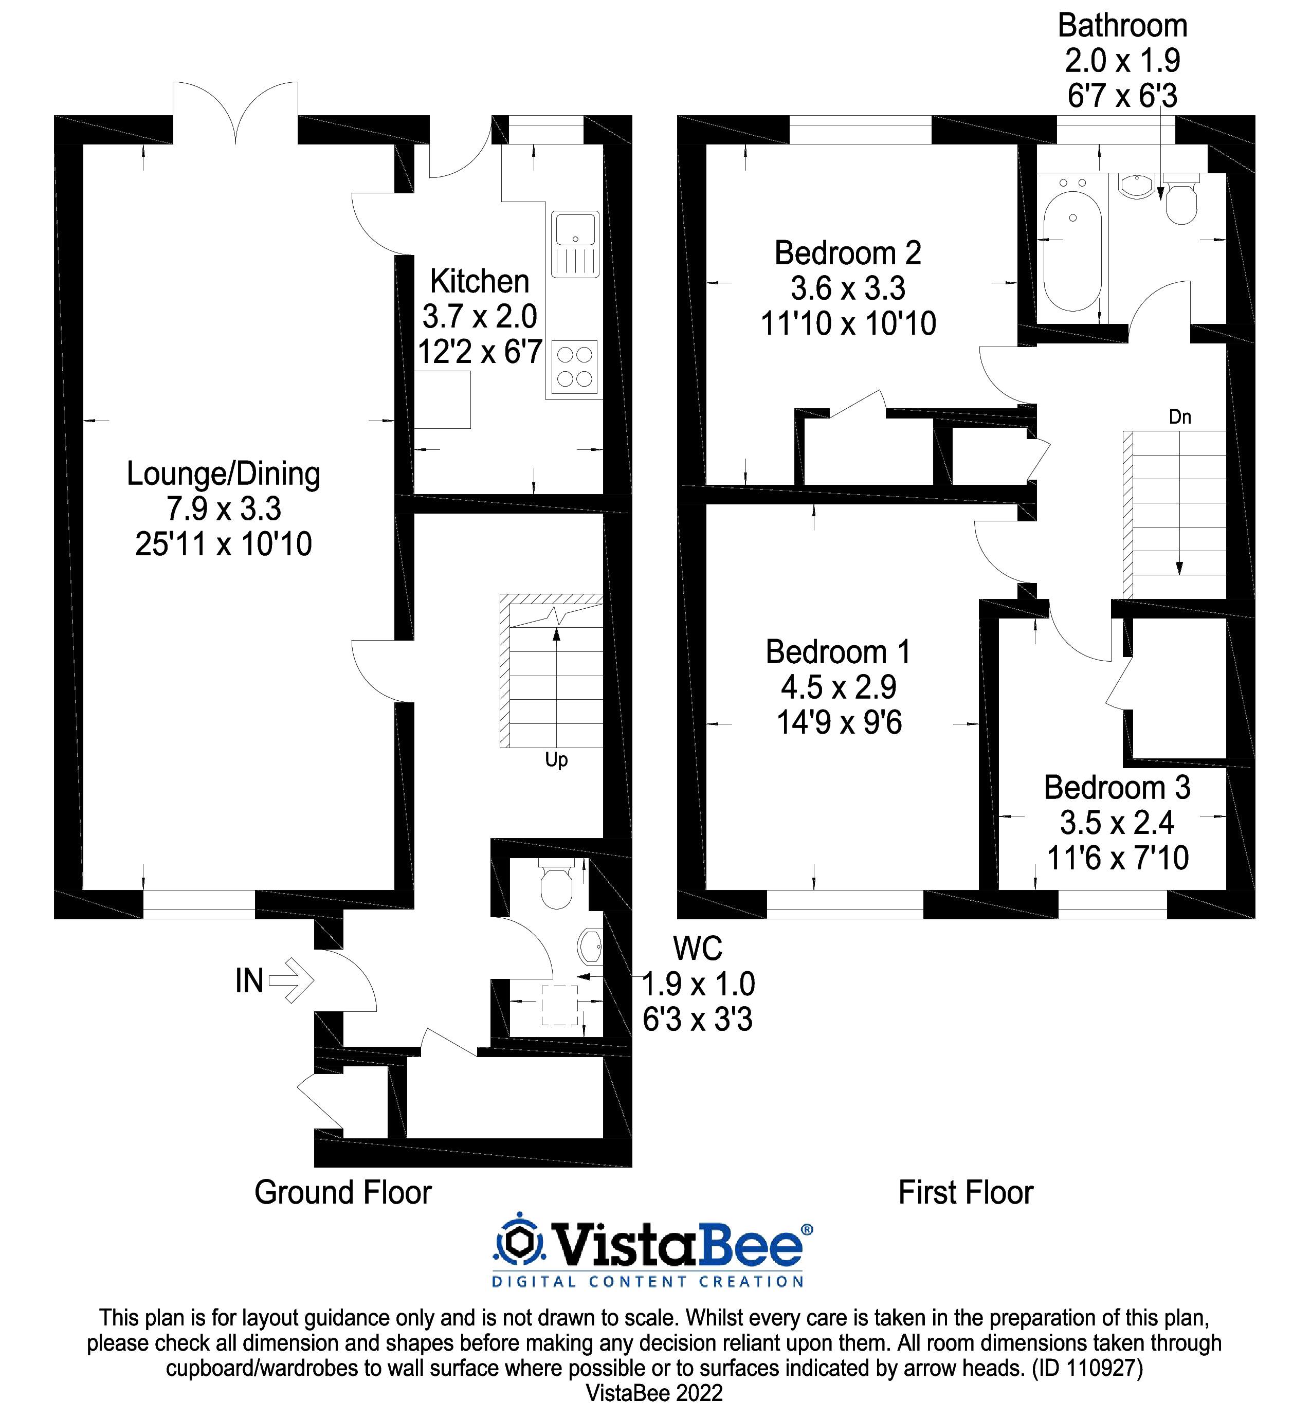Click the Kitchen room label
480,282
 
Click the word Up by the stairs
556,760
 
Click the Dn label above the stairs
1180,417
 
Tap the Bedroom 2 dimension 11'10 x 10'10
848,324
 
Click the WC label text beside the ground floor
697,949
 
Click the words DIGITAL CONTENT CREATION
648,1282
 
